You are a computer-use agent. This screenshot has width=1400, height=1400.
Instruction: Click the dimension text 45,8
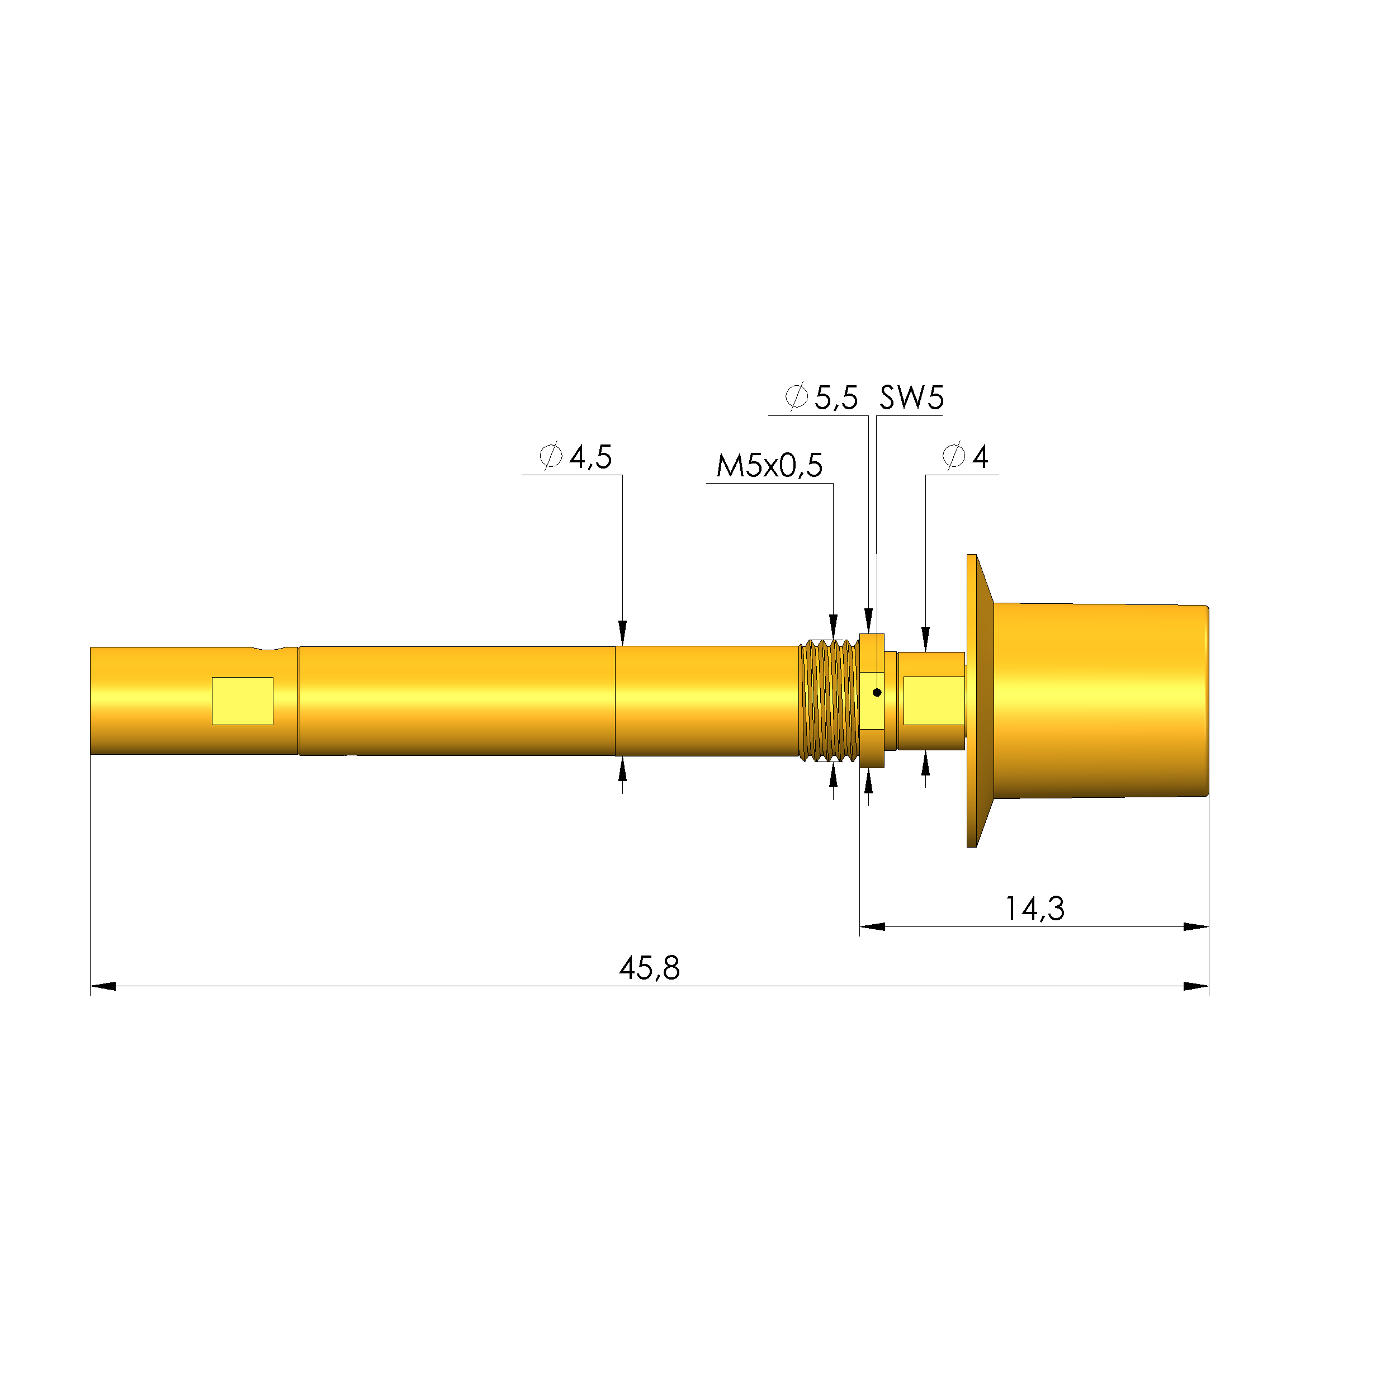coord(649,968)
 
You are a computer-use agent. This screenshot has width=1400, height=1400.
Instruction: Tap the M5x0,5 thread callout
coord(769,466)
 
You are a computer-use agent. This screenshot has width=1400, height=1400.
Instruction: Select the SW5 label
coord(911,398)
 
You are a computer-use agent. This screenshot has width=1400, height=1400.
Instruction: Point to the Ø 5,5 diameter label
coord(822,398)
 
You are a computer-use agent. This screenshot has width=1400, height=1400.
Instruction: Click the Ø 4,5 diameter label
coord(576,457)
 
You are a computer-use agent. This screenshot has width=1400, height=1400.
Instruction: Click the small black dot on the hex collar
coord(877,693)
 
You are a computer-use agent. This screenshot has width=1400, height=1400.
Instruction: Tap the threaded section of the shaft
coord(830,700)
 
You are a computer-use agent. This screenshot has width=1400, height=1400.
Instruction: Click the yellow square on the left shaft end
coord(242,701)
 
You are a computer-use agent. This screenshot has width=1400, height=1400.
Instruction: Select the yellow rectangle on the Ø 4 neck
coord(933,701)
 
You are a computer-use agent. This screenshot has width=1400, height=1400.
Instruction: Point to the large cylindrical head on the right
coord(1098,700)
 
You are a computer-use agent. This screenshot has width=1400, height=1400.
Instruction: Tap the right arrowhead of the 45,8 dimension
coord(1196,986)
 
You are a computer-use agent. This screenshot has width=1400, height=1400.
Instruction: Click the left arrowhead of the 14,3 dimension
coord(872,927)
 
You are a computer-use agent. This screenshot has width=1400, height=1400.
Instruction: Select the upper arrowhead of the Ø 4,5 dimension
coord(622,632)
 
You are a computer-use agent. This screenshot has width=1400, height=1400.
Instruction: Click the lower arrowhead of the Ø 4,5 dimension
coord(622,769)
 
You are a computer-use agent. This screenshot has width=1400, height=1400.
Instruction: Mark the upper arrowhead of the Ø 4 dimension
coord(925,639)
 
